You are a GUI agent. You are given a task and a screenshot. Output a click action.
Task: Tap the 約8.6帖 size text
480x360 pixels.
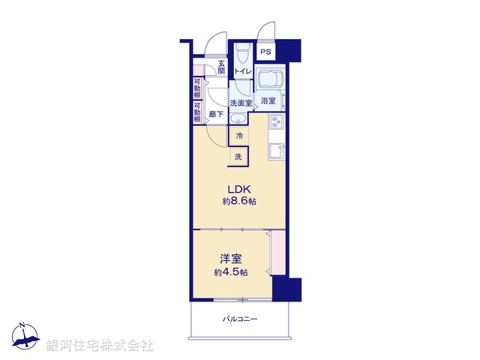(239, 202)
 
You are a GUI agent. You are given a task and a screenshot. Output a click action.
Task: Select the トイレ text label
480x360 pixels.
(242, 71)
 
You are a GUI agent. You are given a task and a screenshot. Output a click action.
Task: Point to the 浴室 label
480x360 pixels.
(268, 100)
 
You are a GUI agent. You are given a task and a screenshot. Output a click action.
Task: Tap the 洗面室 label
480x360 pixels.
(240, 103)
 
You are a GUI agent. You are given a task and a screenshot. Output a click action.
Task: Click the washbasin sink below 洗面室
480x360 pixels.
(240, 118)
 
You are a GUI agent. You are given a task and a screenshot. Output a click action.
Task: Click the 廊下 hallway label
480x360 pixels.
(216, 115)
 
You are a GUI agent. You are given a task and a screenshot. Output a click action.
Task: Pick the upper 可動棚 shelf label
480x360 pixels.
(197, 88)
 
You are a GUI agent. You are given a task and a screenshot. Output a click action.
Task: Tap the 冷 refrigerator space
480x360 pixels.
(239, 136)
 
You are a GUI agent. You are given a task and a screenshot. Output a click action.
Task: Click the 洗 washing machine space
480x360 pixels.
(239, 157)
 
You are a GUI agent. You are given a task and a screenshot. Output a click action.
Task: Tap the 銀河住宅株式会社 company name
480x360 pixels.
(100, 346)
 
